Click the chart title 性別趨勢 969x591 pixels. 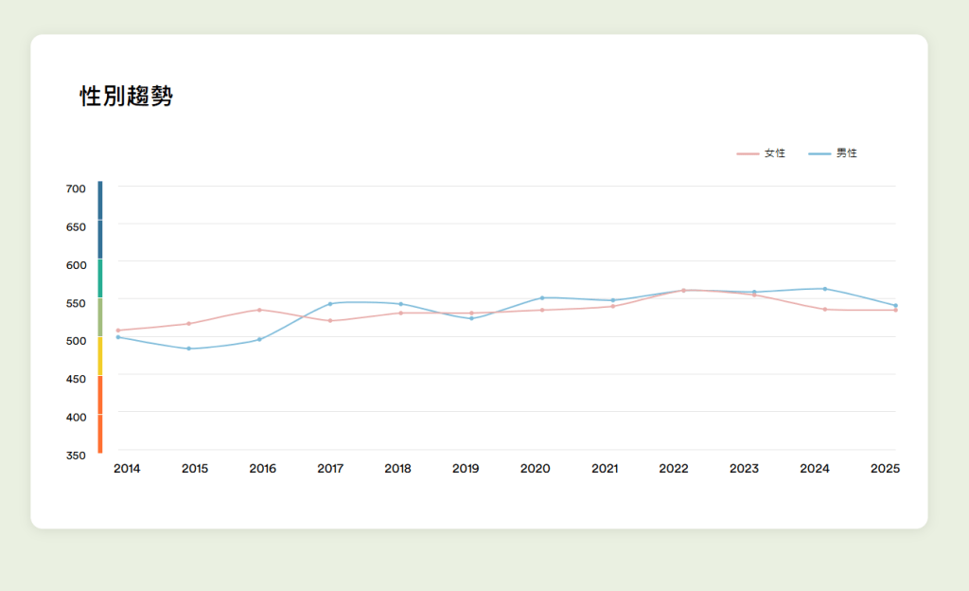126,97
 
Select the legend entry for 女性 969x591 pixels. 762,153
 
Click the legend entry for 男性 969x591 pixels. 834,153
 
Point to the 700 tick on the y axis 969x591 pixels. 76,188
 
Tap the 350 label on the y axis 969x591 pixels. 76,455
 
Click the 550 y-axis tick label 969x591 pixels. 76,303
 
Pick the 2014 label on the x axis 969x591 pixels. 127,468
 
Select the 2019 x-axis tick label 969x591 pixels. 466,468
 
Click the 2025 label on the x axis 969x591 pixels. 885,468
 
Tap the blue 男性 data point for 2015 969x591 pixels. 188,349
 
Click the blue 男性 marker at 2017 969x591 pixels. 330,304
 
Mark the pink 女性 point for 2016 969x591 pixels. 259,310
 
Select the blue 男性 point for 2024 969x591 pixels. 824,289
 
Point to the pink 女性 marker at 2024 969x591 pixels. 824,310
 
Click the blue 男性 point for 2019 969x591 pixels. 471,318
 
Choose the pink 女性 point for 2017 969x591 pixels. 330,321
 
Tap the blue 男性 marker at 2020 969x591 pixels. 542,297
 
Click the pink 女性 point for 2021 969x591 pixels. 613,306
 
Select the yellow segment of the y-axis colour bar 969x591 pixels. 99,356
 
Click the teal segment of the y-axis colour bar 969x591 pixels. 99,278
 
